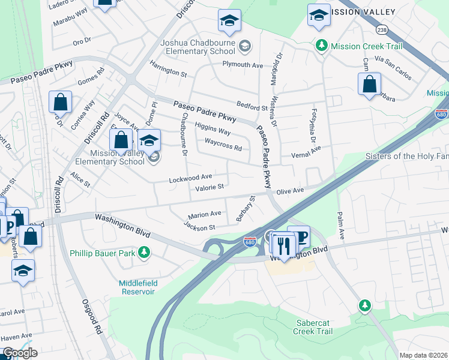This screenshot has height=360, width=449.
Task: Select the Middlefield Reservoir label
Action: (128, 287)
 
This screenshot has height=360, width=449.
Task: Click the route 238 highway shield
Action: (382, 29)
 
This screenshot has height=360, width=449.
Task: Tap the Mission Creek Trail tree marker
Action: (322, 45)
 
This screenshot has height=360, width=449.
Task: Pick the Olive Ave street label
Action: (290, 190)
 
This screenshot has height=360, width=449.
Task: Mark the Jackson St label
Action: (199, 227)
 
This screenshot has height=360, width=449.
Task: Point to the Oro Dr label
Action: (81, 41)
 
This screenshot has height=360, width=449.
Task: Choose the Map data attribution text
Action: (423, 355)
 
